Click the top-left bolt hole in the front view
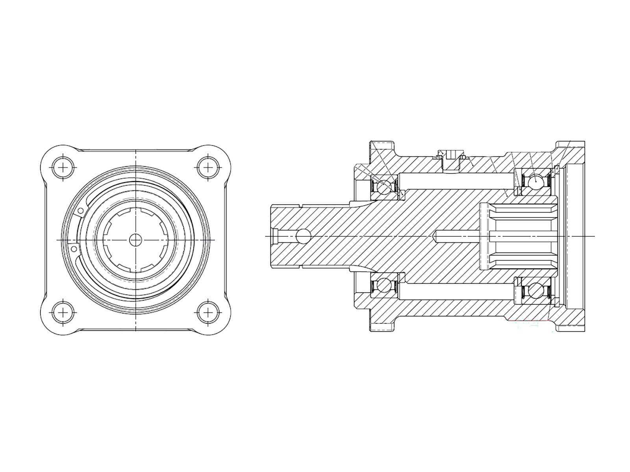[x=63, y=168]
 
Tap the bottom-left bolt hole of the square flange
[x=63, y=313]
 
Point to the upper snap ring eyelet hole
[x=81, y=212]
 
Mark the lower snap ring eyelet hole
[x=73, y=249]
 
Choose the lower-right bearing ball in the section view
[x=536, y=291]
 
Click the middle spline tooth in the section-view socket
[x=524, y=236]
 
